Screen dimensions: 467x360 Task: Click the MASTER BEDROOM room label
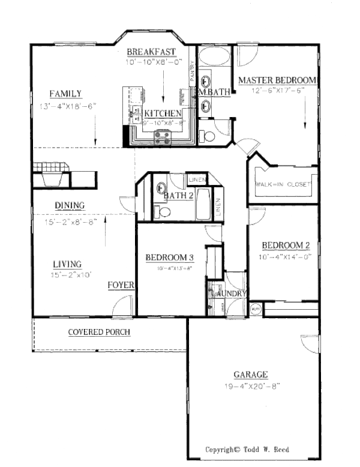pos(277,79)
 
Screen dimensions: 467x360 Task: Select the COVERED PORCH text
pos(99,332)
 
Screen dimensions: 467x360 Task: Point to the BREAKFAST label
pos(151,52)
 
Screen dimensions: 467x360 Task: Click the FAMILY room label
pos(65,93)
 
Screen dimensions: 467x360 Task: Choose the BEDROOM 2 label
pos(286,245)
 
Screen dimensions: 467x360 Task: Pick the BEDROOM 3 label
pos(170,258)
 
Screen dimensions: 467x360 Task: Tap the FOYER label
pos(121,285)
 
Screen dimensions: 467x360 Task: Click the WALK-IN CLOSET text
pos(284,184)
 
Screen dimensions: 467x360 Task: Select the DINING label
pos(70,205)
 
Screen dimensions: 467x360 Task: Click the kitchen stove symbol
pos(163,139)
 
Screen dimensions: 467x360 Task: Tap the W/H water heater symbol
pos(254,310)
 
